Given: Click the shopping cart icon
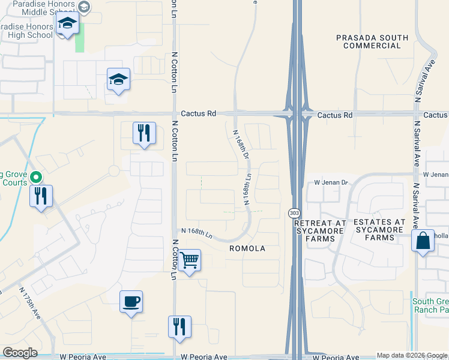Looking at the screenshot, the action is pyautogui.click(x=189, y=260).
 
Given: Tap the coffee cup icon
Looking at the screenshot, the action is pyautogui.click(x=131, y=301).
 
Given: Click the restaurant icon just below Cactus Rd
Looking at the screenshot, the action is pyautogui.click(x=143, y=133).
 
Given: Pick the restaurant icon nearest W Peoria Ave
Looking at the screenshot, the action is pyautogui.click(x=179, y=327).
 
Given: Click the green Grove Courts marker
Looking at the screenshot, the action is pyautogui.click(x=36, y=178).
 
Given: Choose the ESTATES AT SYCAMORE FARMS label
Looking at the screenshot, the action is pyautogui.click(x=382, y=230).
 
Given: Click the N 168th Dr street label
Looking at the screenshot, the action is pyautogui.click(x=241, y=145).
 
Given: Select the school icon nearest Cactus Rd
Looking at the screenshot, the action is pyautogui.click(x=118, y=79).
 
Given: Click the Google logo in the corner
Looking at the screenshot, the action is pyautogui.click(x=20, y=353).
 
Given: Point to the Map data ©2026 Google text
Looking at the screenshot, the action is pyautogui.click(x=412, y=356).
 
